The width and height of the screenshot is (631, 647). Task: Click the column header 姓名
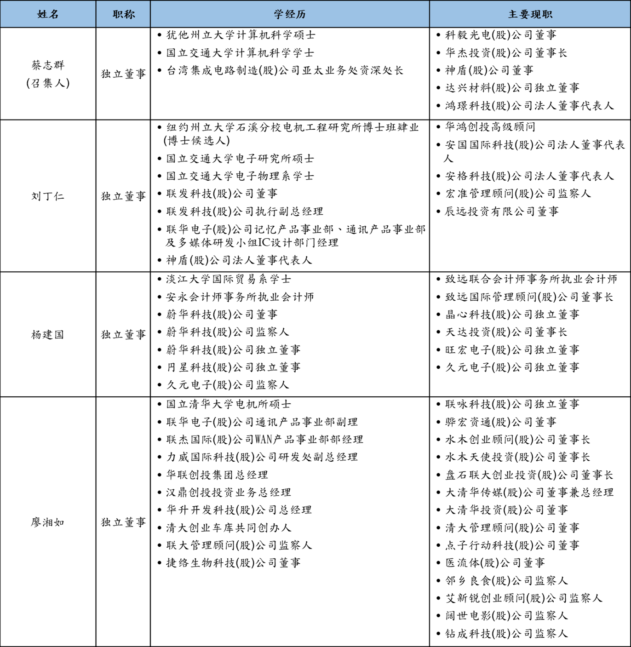click(x=48, y=14)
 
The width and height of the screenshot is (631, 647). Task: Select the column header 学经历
click(x=290, y=14)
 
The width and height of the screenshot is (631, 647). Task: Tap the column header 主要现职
click(x=530, y=14)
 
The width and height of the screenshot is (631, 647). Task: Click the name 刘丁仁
click(x=48, y=196)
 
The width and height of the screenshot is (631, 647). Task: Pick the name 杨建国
click(x=48, y=335)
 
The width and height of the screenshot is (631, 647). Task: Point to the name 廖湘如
click(x=48, y=522)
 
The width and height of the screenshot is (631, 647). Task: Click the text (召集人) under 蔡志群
click(x=48, y=83)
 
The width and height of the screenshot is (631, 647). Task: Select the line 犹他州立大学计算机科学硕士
click(x=241, y=35)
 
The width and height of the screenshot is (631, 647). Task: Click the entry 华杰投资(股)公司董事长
click(x=506, y=53)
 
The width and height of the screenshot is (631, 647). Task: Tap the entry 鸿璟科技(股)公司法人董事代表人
click(x=529, y=106)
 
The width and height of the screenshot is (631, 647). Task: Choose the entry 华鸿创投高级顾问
click(x=490, y=127)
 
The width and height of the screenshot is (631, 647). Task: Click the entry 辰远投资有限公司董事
click(x=501, y=212)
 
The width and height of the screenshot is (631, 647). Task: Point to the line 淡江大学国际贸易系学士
click(x=229, y=279)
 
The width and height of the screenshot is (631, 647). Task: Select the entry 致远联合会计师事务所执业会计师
click(x=531, y=279)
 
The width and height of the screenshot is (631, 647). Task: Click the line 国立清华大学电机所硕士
click(x=229, y=404)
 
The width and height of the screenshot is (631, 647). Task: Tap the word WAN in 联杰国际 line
click(x=264, y=440)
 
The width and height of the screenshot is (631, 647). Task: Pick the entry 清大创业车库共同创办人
click(x=229, y=528)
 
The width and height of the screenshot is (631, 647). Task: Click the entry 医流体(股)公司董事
click(x=495, y=563)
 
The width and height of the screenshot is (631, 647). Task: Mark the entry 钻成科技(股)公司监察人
click(x=506, y=634)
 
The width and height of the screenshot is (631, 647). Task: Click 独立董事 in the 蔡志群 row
click(x=123, y=74)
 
